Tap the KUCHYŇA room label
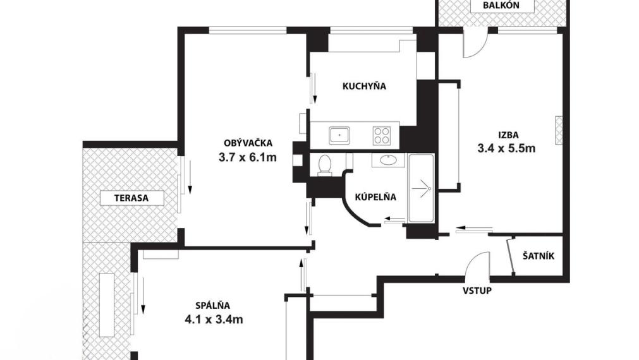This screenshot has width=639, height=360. click(364, 87)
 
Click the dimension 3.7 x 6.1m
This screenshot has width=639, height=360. click(247, 158)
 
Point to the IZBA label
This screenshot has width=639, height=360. click(508, 135)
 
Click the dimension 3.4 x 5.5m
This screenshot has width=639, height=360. click(506, 149)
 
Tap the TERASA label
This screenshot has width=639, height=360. click(131, 198)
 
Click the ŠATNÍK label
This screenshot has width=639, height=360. click(539, 256)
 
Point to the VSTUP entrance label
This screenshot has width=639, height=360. click(477, 291)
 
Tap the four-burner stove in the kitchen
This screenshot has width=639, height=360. click(382, 135)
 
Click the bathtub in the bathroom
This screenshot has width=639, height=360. click(422, 188)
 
